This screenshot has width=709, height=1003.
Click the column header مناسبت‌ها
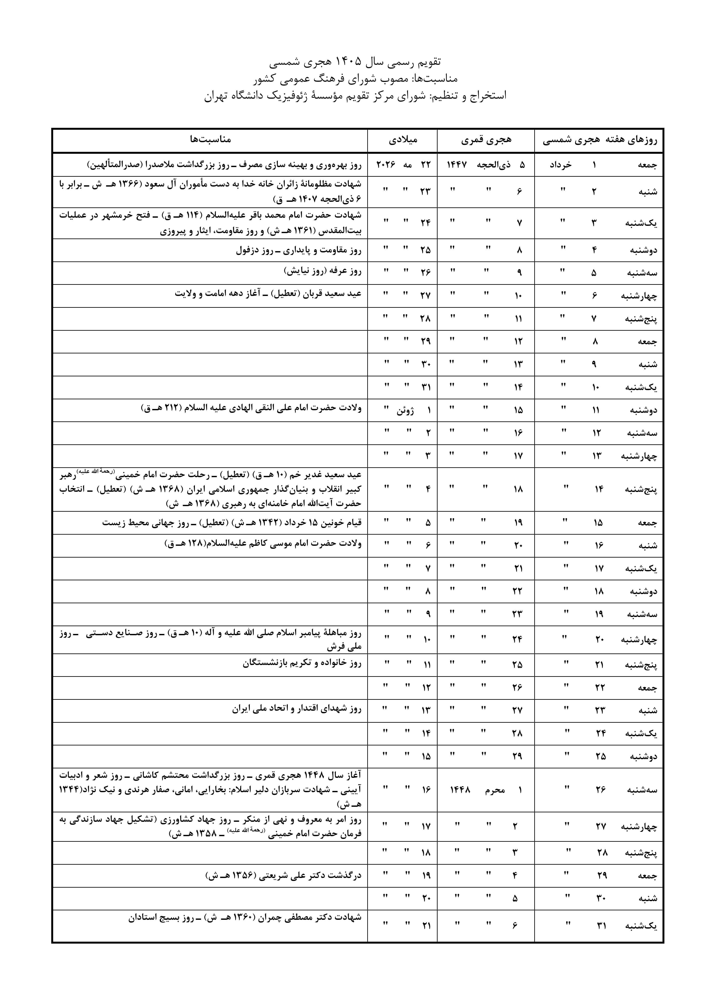point(210,139)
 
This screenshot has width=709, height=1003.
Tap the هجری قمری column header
point(486,140)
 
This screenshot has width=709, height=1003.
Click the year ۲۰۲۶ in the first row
point(386,165)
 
